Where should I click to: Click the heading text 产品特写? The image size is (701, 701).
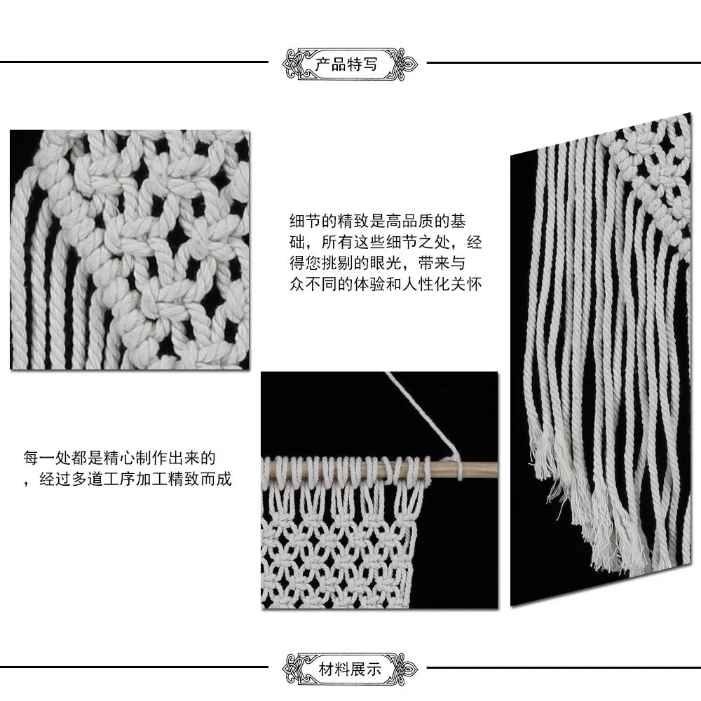point(346,64)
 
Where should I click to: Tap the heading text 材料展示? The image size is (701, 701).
point(350,669)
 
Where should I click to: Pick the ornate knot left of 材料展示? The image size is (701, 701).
point(295,669)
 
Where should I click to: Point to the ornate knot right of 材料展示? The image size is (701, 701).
point(405,669)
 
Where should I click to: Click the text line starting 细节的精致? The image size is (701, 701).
point(378,221)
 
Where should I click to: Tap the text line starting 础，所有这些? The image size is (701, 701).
point(386,242)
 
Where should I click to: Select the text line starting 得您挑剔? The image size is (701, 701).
point(378,263)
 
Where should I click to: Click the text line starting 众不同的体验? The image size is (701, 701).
point(386,284)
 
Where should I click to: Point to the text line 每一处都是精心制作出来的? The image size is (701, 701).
point(120,458)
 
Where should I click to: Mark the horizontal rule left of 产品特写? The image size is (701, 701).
point(134,62)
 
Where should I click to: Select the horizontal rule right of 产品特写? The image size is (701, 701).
point(564,62)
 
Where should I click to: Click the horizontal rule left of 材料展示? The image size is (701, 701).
point(134,667)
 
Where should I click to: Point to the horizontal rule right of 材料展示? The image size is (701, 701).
point(564,668)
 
